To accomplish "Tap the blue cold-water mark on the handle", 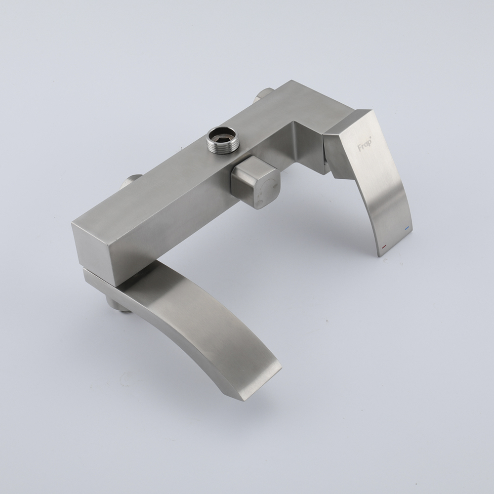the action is coord(408,227).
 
